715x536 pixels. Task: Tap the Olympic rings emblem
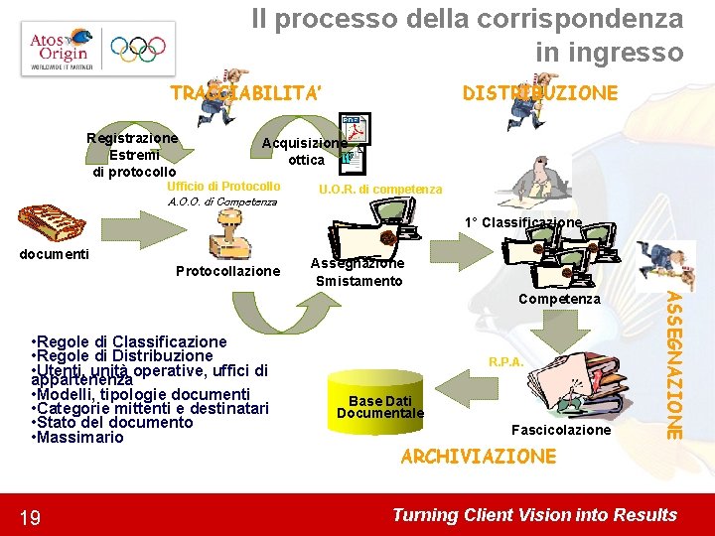[138, 49]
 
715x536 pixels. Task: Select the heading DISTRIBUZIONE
[540, 93]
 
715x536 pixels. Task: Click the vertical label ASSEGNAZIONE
[673, 364]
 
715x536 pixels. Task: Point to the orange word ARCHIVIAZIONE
[478, 457]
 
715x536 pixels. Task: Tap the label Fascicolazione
[560, 430]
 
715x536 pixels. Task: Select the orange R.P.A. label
[505, 363]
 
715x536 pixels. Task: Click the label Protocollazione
[227, 271]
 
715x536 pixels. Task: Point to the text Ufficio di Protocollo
[223, 187]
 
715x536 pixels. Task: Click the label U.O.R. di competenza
[380, 189]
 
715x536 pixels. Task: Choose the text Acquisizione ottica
[306, 151]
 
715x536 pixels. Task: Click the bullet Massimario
[79, 438]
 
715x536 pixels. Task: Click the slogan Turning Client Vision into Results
[534, 514]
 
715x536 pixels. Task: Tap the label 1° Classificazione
[523, 223]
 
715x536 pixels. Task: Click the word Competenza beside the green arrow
[559, 298]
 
